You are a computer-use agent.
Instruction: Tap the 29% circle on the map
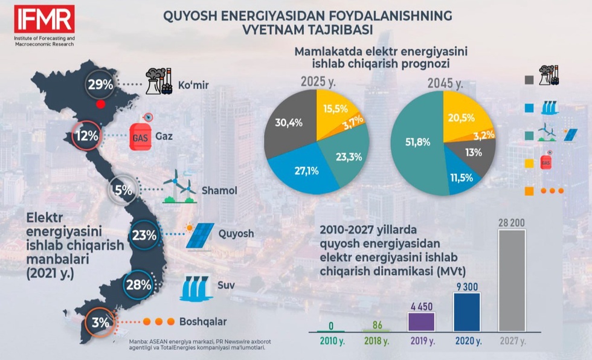pos(100,85)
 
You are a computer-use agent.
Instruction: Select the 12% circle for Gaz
pos(86,136)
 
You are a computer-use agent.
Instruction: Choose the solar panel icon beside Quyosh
pos(200,236)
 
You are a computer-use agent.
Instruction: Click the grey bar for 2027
pos(510,281)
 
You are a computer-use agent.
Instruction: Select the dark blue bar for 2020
pos(466,312)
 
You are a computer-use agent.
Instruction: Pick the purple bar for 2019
pos(421,321)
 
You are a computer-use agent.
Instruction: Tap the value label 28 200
pos(510,222)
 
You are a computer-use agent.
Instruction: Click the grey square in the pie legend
pos(530,79)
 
